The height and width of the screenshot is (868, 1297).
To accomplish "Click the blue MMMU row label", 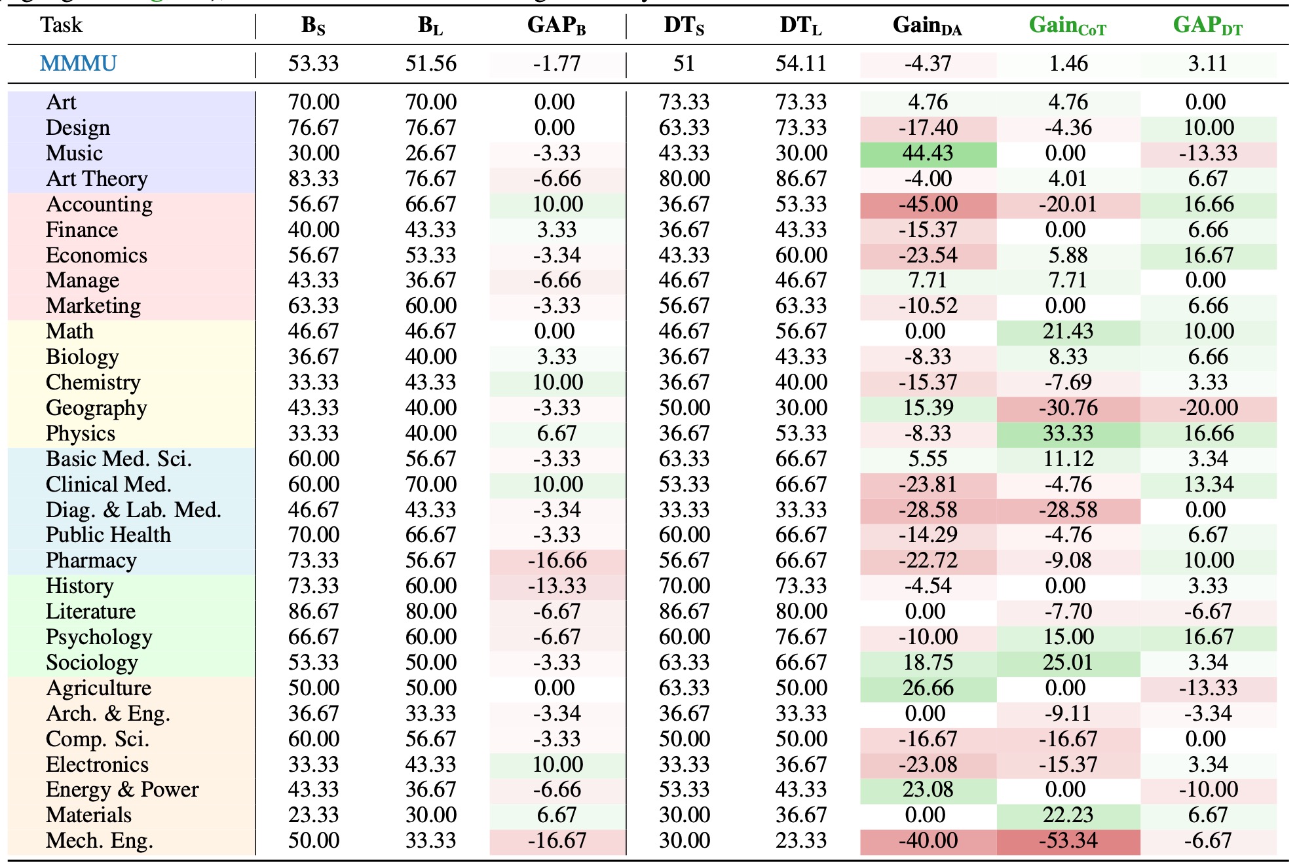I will tap(78, 63).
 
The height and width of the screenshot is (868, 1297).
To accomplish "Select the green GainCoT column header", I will tap(1067, 26).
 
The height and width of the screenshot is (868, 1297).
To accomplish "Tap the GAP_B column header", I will tap(556, 26).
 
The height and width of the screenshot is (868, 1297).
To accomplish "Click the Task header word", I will tap(61, 25).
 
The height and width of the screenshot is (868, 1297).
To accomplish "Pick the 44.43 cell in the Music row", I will tap(928, 153).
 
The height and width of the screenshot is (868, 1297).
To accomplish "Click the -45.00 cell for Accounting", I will tap(928, 204).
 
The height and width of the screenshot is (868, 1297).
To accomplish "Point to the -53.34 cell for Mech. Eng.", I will tap(1068, 841).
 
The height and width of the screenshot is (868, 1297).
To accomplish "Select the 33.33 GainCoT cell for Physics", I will tap(1068, 433).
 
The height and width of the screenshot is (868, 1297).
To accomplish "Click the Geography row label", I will tap(96, 408).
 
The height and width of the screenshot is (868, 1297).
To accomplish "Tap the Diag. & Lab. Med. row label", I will tap(133, 510).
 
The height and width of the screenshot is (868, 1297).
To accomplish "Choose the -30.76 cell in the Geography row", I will tap(1068, 408).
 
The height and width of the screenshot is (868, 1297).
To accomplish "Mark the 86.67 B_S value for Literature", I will tap(314, 611).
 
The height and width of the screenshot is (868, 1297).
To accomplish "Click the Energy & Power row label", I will tap(122, 789).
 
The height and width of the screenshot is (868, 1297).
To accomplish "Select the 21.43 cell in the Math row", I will tap(1068, 331).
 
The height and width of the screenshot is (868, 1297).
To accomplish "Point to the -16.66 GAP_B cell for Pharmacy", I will tap(557, 560).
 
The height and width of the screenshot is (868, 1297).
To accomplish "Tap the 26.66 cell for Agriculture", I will tap(928, 688).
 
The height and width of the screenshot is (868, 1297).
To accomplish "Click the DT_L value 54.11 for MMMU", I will tap(800, 63).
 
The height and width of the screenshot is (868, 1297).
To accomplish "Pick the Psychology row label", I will tap(99, 637).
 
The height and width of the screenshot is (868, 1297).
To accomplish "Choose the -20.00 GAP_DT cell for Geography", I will tap(1208, 408).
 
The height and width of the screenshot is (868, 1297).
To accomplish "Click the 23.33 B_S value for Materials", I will tap(314, 815).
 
